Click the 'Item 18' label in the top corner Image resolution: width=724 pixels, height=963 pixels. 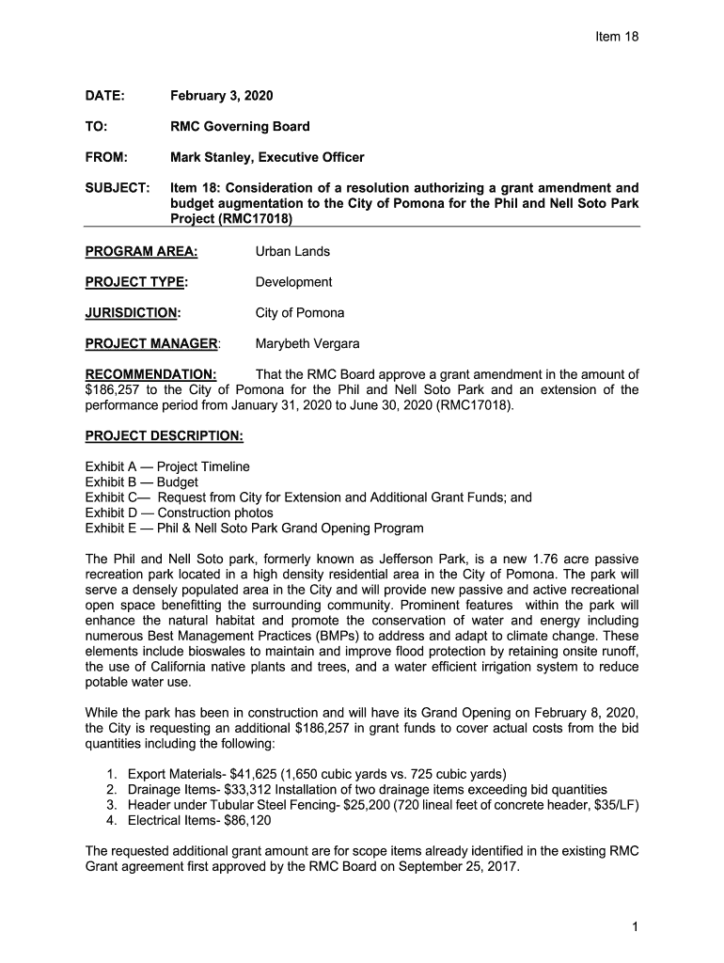click(617, 37)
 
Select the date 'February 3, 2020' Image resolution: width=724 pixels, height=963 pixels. click(222, 96)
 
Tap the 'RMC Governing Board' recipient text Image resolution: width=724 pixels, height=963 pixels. click(240, 126)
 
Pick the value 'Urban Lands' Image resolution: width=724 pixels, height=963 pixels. click(292, 251)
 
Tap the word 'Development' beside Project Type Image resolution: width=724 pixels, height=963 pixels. click(293, 282)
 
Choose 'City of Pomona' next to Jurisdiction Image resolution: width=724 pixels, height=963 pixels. click(300, 312)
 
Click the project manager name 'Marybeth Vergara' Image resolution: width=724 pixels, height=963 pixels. click(307, 343)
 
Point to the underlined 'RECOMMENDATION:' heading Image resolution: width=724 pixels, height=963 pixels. click(150, 374)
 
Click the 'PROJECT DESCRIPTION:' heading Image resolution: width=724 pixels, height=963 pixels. click(164, 435)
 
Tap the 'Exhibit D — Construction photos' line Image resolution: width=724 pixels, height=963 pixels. click(180, 513)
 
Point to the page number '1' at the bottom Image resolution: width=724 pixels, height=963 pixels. click(636, 927)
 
